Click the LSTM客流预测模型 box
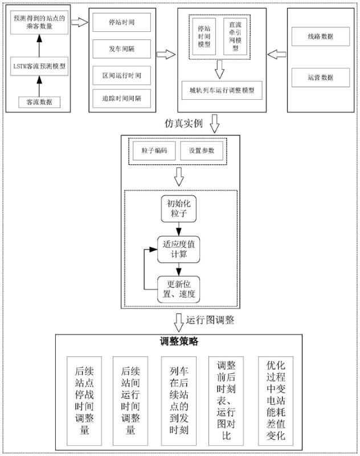(39, 66)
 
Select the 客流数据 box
(39, 102)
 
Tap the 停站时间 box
(121, 22)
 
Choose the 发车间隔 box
(121, 48)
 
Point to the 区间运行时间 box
(121, 75)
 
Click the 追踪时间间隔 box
(121, 99)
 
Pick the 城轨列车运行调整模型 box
(222, 90)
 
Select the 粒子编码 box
(154, 151)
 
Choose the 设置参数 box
(202, 151)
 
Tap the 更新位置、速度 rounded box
(179, 289)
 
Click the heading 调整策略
(179, 342)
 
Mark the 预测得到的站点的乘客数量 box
(39, 22)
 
